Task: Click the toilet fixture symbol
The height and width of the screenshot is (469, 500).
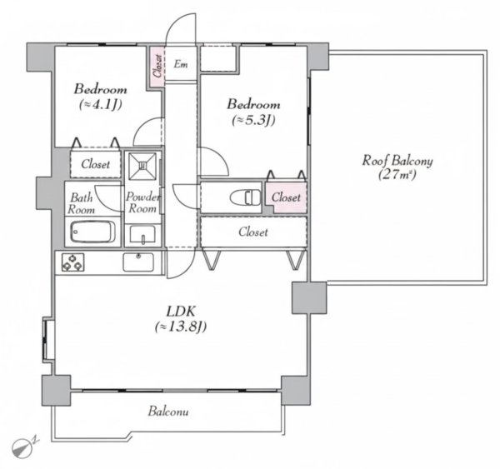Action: [x=245, y=197]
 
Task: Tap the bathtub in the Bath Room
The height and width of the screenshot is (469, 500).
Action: [x=92, y=232]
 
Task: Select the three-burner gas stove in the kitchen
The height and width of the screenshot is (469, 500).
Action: [x=73, y=262]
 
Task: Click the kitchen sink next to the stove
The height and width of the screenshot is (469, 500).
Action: [x=138, y=262]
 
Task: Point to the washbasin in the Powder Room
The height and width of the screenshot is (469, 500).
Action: [x=142, y=235]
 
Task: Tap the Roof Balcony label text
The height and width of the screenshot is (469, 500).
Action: [x=397, y=167]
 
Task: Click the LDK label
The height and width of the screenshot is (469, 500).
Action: [x=181, y=310]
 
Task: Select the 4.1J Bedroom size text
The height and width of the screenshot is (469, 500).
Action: [x=101, y=105]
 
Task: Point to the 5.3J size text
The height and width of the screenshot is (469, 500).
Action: [x=253, y=120]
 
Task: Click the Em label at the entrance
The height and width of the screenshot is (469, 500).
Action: [x=181, y=64]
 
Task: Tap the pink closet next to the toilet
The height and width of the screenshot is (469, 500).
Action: [x=287, y=197]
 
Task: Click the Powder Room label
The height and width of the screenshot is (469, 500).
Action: [x=142, y=202]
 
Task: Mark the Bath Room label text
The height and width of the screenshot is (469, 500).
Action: [x=82, y=203]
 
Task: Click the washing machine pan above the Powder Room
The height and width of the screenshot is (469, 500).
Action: [x=142, y=166]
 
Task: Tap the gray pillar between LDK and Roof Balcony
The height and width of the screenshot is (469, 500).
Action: [x=309, y=297]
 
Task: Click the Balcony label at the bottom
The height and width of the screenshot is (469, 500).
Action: [x=168, y=412]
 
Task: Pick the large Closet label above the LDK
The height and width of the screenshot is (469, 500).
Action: [x=253, y=232]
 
